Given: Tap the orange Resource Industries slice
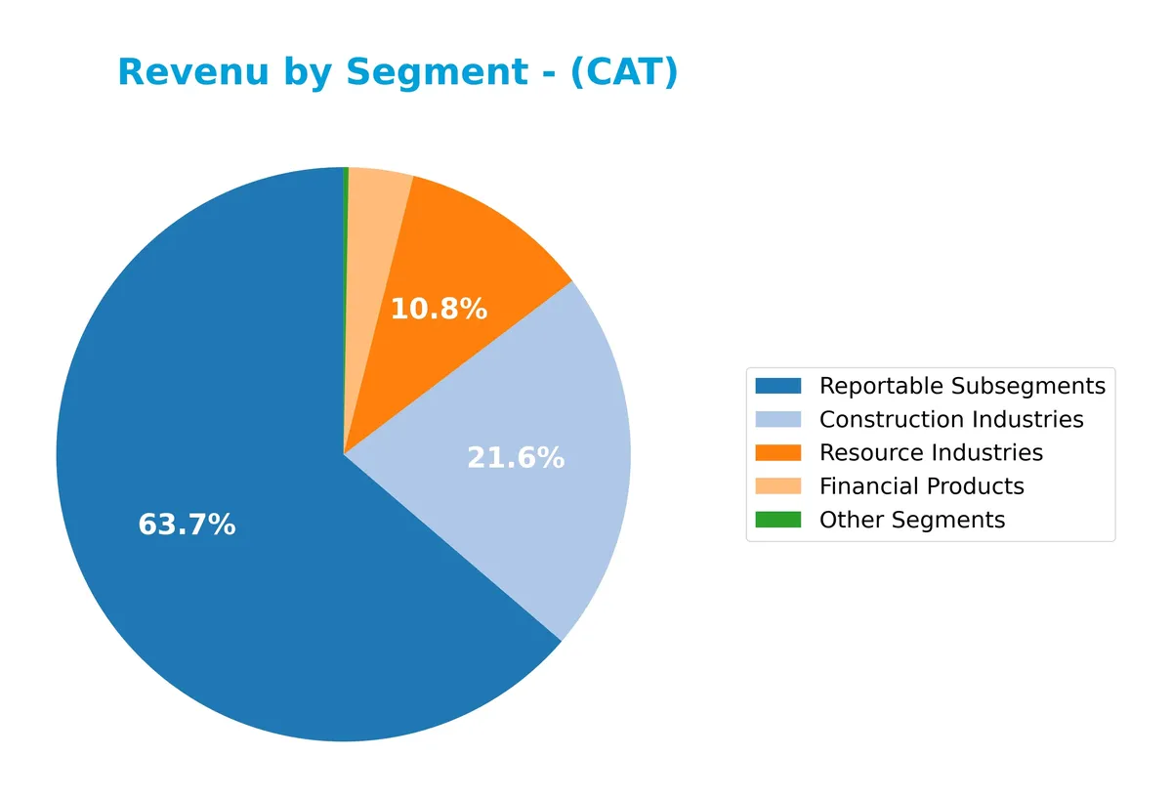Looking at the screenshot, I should (x=459, y=254).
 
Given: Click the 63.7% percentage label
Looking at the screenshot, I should (x=187, y=525).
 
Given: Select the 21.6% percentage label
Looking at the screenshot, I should (x=516, y=458).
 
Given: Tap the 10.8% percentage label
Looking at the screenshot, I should (x=439, y=310).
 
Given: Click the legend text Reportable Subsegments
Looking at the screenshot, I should (x=962, y=386).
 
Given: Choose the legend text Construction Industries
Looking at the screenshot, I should (x=951, y=419).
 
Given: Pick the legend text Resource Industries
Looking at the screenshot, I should (x=931, y=452).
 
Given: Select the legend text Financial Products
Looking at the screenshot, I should (x=921, y=486).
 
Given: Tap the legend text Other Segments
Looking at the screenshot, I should (x=912, y=520).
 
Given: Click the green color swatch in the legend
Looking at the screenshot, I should (x=777, y=520).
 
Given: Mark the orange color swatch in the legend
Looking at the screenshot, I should (x=777, y=452).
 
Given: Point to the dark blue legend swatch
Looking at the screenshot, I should (x=777, y=386).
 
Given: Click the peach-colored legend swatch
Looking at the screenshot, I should (x=777, y=486).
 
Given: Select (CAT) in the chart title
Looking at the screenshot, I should (x=624, y=73).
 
